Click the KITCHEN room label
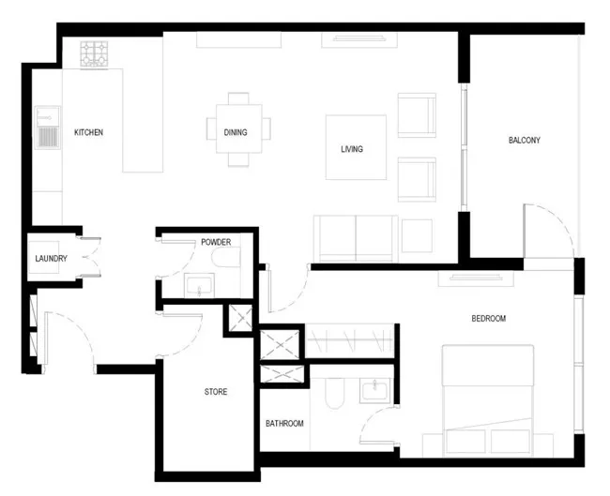(89, 132)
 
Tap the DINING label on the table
(236, 132)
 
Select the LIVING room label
(352, 149)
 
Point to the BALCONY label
(525, 140)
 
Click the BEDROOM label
(489, 319)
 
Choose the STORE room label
(216, 391)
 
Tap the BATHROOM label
(284, 423)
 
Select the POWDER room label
(216, 242)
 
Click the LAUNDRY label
(51, 259)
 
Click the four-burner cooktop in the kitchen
(94, 54)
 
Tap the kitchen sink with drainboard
(48, 128)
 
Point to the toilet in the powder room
(226, 257)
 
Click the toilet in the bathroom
(335, 394)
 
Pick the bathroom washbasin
(375, 390)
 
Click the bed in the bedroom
(488, 400)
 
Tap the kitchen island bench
(143, 121)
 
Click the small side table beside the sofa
(417, 235)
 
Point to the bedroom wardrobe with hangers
(350, 340)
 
